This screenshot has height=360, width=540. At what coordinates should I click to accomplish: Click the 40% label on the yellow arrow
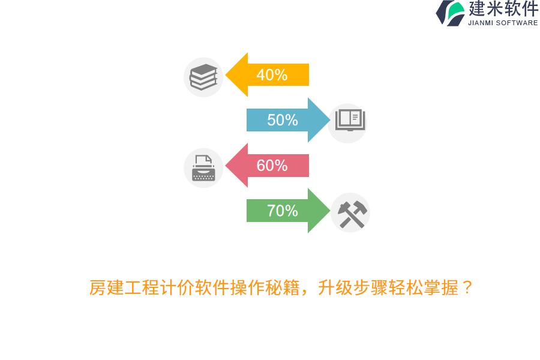pyautogui.click(x=272, y=75)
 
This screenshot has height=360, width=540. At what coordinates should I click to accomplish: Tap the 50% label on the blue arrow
pyautogui.click(x=283, y=120)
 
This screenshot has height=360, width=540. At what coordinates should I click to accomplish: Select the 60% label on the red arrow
pyautogui.click(x=272, y=166)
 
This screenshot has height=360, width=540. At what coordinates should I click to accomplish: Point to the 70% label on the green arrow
pyautogui.click(x=283, y=211)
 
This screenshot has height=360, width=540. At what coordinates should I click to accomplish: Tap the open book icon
pyautogui.click(x=349, y=120)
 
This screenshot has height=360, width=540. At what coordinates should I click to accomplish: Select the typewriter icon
pyautogui.click(x=203, y=168)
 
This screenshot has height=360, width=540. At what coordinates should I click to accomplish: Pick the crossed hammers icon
pyautogui.click(x=351, y=213)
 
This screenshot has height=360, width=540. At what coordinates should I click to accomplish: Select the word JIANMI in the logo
pyautogui.click(x=481, y=23)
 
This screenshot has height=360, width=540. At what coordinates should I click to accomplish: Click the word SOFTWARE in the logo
pyautogui.click(x=517, y=23)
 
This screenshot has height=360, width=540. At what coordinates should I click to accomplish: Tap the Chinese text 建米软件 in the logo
pyautogui.click(x=503, y=9)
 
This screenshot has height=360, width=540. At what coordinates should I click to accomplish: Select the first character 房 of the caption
pyautogui.click(x=97, y=288)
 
